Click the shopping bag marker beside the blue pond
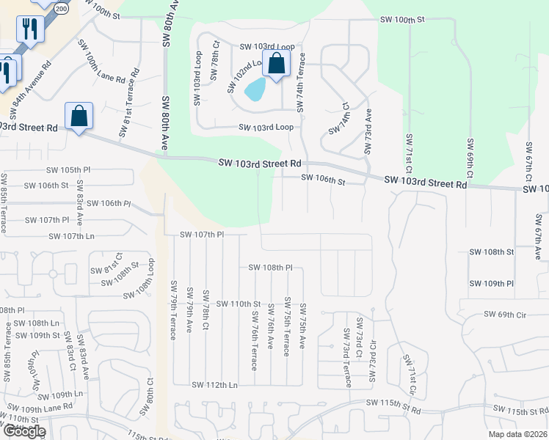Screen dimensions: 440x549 [x=276, y=64]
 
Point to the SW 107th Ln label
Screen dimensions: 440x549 [x=73, y=236]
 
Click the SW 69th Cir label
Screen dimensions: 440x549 [x=506, y=315]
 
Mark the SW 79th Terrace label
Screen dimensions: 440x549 [x=174, y=311]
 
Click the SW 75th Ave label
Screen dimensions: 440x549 [x=302, y=326]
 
